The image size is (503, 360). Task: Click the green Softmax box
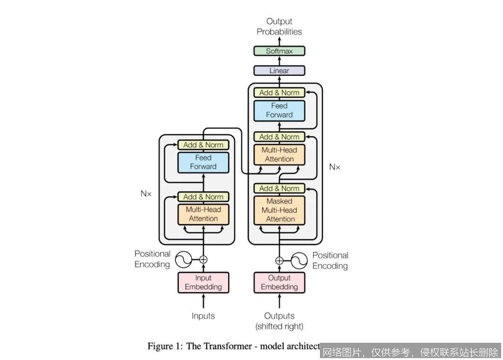coord(279,51)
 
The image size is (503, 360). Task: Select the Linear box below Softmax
coord(279,71)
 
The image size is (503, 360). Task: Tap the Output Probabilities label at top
coord(279,27)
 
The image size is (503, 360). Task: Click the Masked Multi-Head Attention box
coord(279,210)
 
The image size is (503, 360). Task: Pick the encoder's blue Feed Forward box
coord(203,162)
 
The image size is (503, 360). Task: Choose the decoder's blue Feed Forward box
coord(279,110)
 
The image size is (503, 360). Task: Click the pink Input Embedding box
coord(203,283)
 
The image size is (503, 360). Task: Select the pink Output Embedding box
coord(279,283)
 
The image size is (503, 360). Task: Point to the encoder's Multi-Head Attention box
coord(203,214)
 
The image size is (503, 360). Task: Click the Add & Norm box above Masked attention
coord(279,189)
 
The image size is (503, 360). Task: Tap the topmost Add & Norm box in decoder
coord(279,93)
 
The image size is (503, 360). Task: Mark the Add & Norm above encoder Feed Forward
coord(203,145)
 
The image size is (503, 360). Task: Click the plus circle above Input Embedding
coord(204,259)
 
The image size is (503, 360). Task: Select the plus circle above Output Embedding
coord(279,260)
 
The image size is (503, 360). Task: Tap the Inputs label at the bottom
coord(203,316)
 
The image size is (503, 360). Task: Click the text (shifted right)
coord(279,326)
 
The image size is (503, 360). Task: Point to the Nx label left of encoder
coord(146,193)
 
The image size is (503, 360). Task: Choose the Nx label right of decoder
coord(334,167)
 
